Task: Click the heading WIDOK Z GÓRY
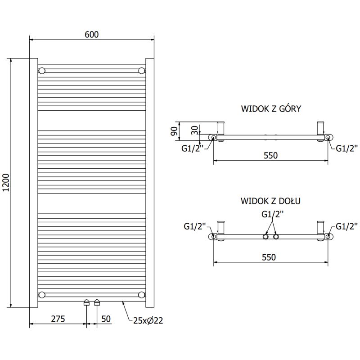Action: pos(271,109)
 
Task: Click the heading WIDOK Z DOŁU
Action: pos(271,201)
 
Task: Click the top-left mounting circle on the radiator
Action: pos(42,71)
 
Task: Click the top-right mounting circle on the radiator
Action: pos(142,70)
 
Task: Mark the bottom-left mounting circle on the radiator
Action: pos(42,295)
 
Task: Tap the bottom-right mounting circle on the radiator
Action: pos(142,295)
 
